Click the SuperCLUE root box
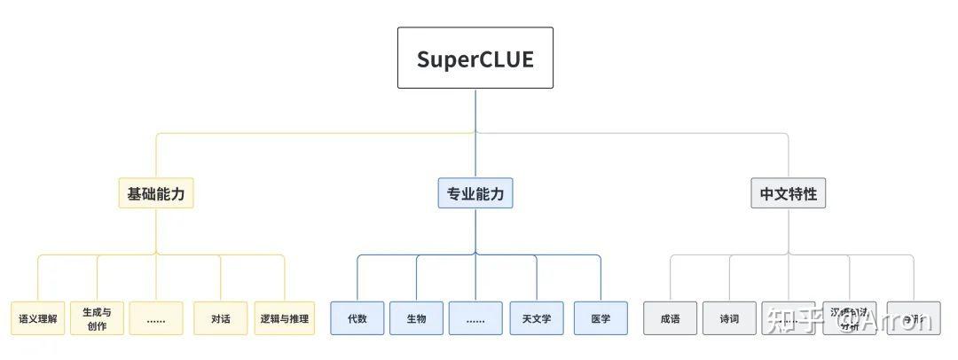475,58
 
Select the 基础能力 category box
156,193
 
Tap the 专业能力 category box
475,193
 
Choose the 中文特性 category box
788,193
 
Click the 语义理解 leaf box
38,318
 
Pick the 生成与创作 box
97,318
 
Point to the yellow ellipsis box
156,318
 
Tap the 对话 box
221,318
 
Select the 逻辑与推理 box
285,318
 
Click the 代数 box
357,318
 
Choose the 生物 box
416,318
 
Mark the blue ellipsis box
475,318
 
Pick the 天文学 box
537,318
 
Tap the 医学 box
601,318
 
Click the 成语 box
671,318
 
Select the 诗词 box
729,318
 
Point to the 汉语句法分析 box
849,318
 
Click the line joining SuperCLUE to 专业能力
475,133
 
